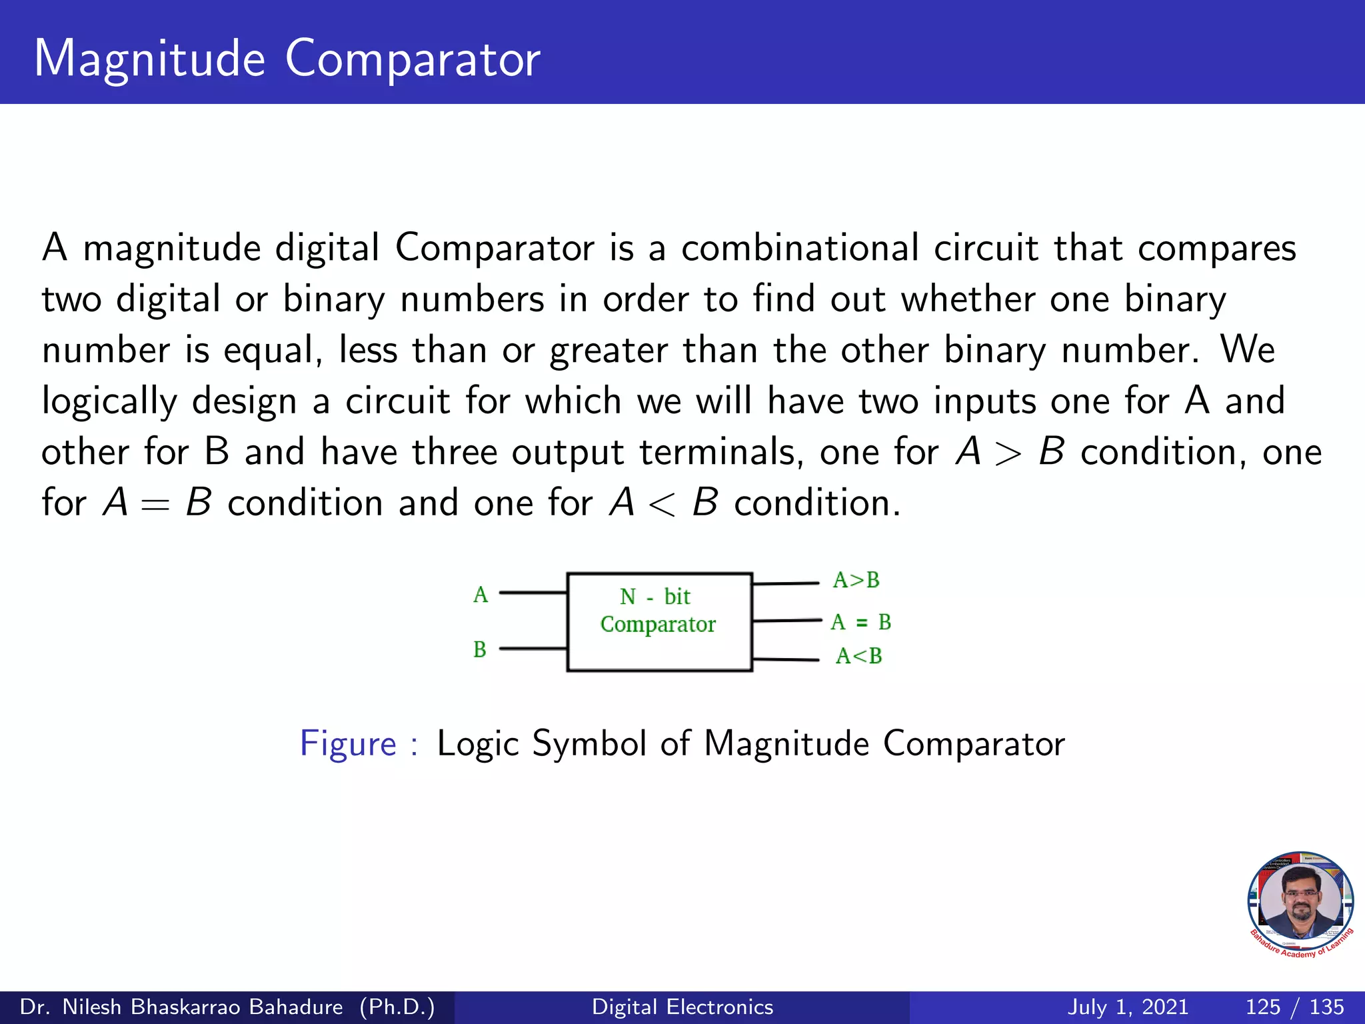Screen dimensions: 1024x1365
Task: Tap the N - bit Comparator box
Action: click(659, 621)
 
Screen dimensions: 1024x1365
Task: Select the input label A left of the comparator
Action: click(481, 595)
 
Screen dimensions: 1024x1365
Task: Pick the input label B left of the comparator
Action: click(480, 649)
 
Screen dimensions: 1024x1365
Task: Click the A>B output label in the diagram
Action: click(856, 580)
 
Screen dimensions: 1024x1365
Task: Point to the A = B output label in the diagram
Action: click(860, 622)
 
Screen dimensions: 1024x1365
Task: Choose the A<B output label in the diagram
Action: click(859, 656)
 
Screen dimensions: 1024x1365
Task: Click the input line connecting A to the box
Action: click(533, 592)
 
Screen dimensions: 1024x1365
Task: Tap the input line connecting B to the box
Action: click(533, 648)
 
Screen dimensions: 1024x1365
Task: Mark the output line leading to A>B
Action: click(785, 583)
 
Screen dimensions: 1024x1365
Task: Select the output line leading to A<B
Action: click(785, 659)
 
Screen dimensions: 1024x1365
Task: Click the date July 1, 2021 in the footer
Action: click(1128, 1007)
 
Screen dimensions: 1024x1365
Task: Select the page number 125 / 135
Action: click(1294, 1007)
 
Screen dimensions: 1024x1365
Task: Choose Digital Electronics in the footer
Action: click(682, 1007)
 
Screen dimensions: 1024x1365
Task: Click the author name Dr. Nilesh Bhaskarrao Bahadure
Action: click(181, 1007)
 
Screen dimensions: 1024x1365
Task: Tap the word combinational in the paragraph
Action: click(800, 249)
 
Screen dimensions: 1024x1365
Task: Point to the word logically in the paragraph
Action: click(109, 402)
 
